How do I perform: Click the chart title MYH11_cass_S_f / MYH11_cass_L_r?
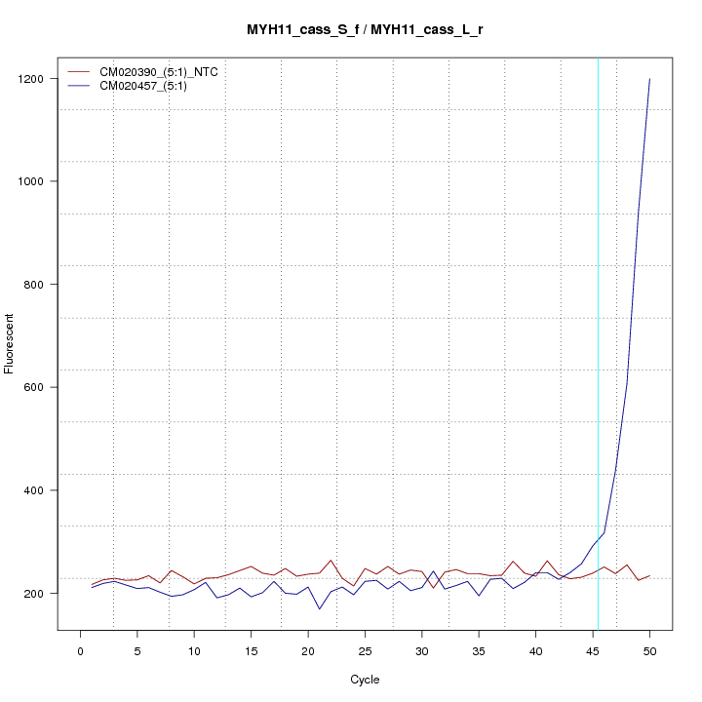click(x=365, y=30)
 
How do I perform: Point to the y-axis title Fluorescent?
click(x=10, y=343)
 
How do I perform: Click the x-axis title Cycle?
click(x=365, y=680)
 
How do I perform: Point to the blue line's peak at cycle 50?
click(x=649, y=79)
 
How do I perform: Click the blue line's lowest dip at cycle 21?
click(x=319, y=609)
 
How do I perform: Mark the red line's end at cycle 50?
click(x=649, y=576)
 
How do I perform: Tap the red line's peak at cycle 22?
click(x=331, y=560)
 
